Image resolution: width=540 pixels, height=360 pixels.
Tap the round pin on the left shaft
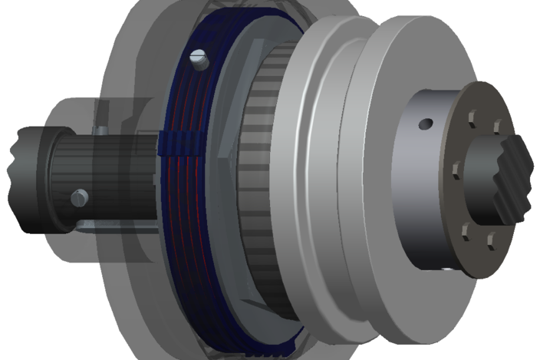tap(77, 198)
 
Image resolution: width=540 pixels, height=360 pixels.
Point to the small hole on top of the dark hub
tap(424, 123)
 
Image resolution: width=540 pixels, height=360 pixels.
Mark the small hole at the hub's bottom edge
tap(449, 269)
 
